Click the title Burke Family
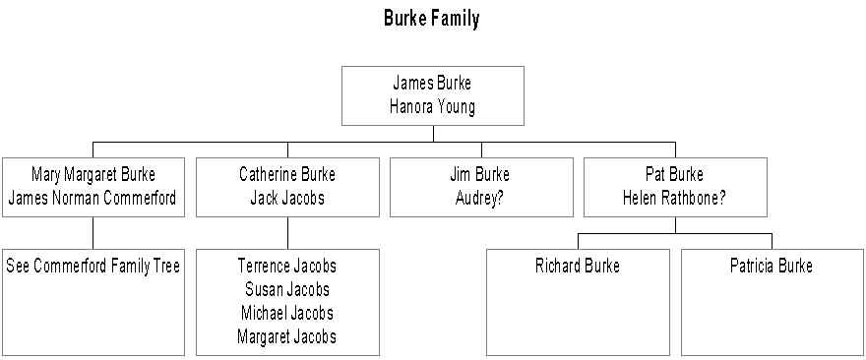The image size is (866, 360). point(432,19)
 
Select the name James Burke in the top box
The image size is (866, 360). point(432,84)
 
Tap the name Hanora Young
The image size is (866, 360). point(432,107)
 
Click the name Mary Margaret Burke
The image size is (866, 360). point(93,175)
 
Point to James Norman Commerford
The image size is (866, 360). point(93,199)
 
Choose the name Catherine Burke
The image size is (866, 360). point(287,175)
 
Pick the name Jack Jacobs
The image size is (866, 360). point(287,199)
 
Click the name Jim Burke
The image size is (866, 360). point(480,175)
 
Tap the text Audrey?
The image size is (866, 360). point(479,199)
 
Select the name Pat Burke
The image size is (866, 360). point(674,175)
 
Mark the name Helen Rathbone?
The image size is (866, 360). point(674,199)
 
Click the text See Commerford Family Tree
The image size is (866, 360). point(93,267)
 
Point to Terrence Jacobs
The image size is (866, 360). point(287,267)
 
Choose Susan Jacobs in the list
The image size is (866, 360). point(287,289)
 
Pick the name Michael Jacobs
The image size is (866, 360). point(287,313)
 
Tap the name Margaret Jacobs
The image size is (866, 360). point(286,336)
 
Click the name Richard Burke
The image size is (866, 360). point(577,267)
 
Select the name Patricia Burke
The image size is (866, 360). point(771,267)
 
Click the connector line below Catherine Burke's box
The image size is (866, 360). point(287,233)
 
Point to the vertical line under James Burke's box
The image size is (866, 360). point(433,134)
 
